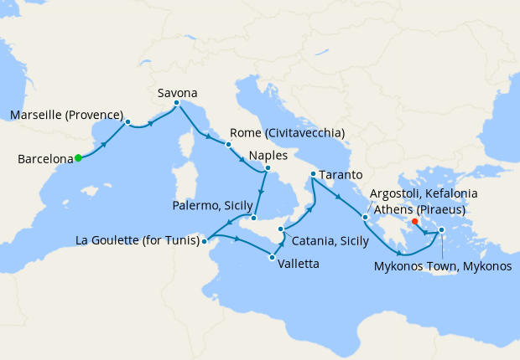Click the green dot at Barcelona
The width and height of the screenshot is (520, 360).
77,157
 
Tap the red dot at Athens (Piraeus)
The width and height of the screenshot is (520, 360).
415,222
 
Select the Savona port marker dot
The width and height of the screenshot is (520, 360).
176,104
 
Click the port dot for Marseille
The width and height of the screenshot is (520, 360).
127,121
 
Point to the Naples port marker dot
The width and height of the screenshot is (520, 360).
268,167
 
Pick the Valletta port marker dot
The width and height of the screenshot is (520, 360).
272,257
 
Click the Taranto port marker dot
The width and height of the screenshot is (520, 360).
313,174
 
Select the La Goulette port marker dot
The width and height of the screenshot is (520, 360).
205,241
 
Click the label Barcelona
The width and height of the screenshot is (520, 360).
44,158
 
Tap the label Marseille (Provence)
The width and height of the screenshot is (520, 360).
66,115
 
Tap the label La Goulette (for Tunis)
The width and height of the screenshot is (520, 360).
138,241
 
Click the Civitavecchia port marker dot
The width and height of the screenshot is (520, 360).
227,144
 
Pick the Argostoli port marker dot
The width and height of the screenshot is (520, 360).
365,218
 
